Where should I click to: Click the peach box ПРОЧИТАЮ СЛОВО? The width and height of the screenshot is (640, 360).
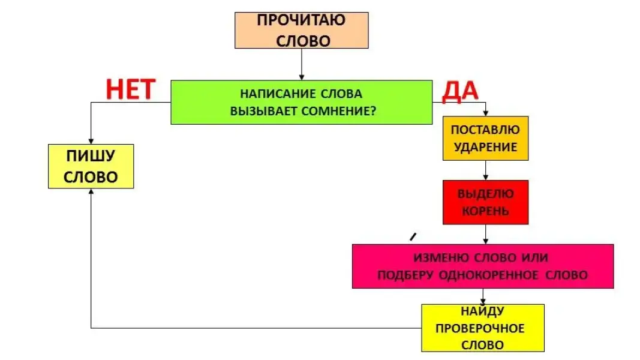[x=301, y=30]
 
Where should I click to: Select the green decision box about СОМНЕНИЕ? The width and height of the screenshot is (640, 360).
[x=301, y=102]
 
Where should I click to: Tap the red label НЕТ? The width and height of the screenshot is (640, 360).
[x=131, y=89]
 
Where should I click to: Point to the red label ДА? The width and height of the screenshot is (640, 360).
[x=460, y=91]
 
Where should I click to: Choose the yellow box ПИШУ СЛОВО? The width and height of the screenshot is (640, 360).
[x=91, y=166]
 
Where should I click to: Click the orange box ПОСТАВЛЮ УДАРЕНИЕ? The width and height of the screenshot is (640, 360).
[x=485, y=138]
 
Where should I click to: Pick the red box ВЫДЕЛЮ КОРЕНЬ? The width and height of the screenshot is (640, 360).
[x=485, y=202]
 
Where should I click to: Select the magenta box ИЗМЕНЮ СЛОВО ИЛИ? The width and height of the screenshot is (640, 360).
[x=482, y=266]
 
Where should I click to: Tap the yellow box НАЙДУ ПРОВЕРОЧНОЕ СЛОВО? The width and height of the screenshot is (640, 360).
[x=482, y=328]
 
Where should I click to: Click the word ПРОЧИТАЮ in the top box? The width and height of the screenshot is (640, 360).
[x=301, y=20]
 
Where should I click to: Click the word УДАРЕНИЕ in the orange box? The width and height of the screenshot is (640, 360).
[x=485, y=146]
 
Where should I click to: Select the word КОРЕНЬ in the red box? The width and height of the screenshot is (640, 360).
[x=485, y=211]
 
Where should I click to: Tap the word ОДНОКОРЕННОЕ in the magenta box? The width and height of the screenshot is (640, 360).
[x=490, y=275]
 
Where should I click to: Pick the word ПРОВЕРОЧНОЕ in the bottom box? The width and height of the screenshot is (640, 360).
[x=480, y=328]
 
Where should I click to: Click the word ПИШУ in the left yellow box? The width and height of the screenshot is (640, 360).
[x=91, y=157]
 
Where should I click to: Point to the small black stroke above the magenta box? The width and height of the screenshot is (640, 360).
[x=413, y=237]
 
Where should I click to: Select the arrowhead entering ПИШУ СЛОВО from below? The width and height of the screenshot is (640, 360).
[x=91, y=193]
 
